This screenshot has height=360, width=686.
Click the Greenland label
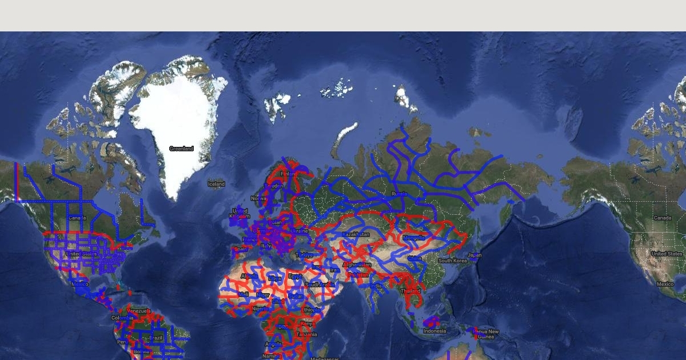click(x=181, y=149)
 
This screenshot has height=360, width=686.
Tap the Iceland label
click(x=216, y=184)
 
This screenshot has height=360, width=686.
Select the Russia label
click(x=399, y=194)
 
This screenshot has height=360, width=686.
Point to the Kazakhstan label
click(x=356, y=234)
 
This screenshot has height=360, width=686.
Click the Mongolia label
click(x=414, y=238)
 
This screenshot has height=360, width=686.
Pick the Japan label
click(x=474, y=255)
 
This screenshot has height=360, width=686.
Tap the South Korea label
click(x=453, y=261)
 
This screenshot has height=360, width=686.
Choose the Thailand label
click(x=410, y=291)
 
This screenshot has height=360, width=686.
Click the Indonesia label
click(x=434, y=331)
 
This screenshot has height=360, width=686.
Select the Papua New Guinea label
click(x=486, y=334)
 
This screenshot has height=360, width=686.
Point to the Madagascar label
click(x=324, y=358)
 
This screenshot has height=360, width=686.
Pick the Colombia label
click(x=122, y=318)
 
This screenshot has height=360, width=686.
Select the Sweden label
click(x=273, y=186)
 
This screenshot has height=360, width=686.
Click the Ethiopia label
click(x=312, y=310)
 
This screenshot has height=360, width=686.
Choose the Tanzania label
click(x=306, y=334)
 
